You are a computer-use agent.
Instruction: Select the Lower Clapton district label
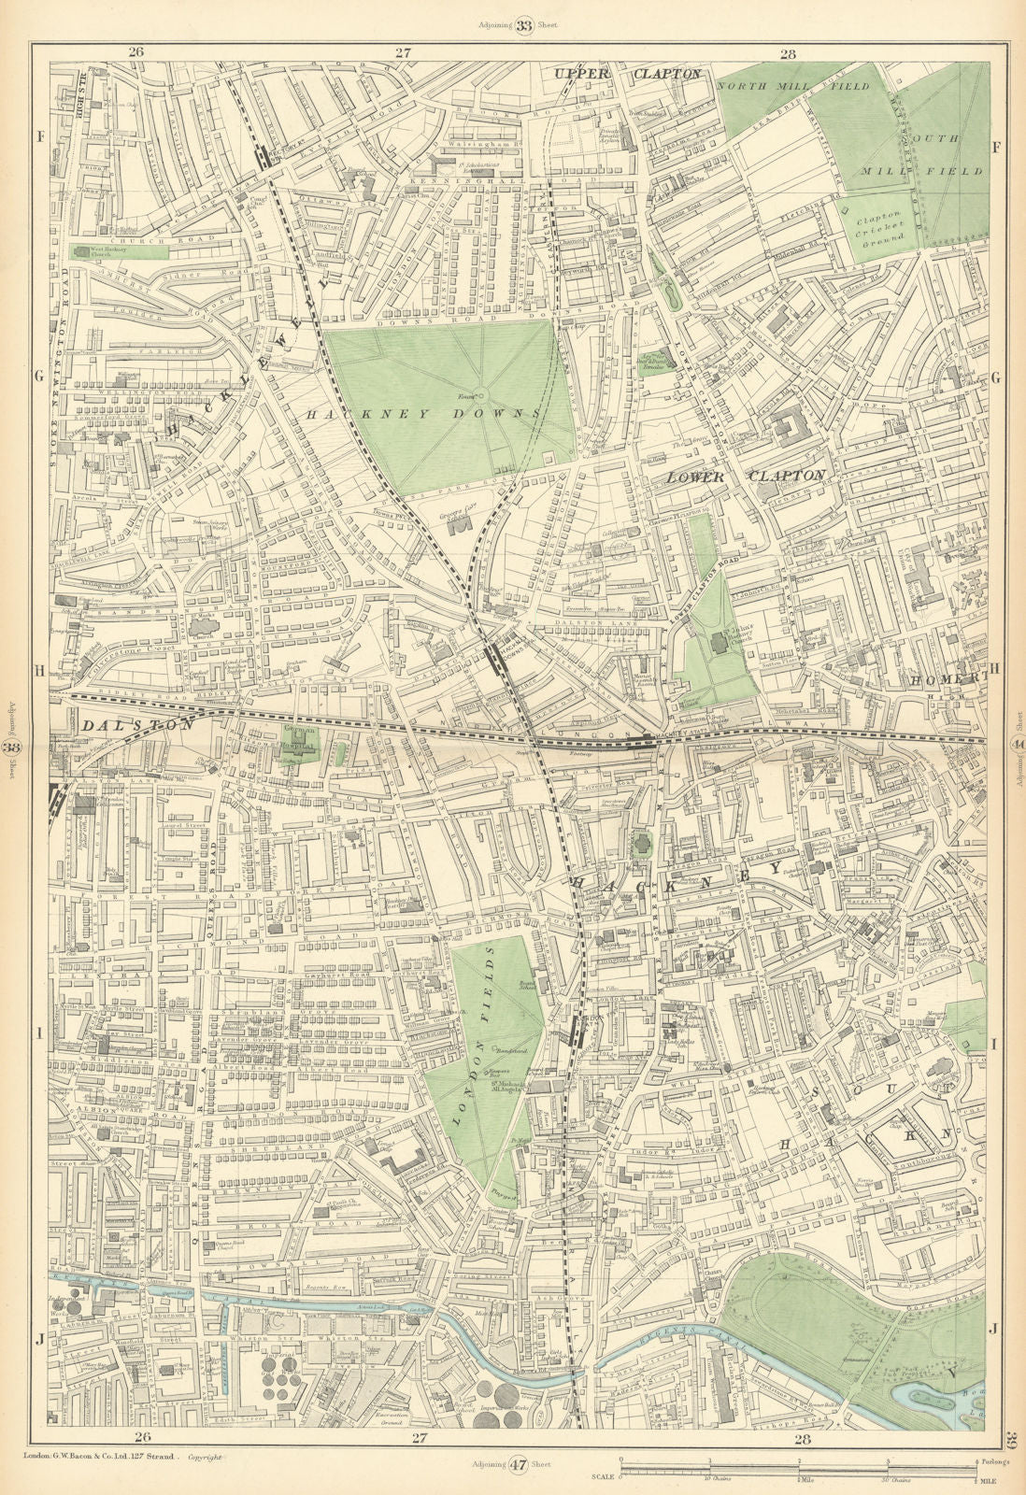click(745, 476)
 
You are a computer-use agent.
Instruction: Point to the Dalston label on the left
click(137, 724)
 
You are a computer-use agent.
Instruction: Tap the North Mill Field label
click(792, 86)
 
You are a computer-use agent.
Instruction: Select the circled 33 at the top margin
click(525, 26)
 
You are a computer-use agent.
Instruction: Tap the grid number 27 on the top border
click(402, 53)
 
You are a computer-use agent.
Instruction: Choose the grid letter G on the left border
click(39, 377)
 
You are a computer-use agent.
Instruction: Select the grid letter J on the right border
click(996, 1327)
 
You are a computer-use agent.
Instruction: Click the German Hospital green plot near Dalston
click(297, 744)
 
